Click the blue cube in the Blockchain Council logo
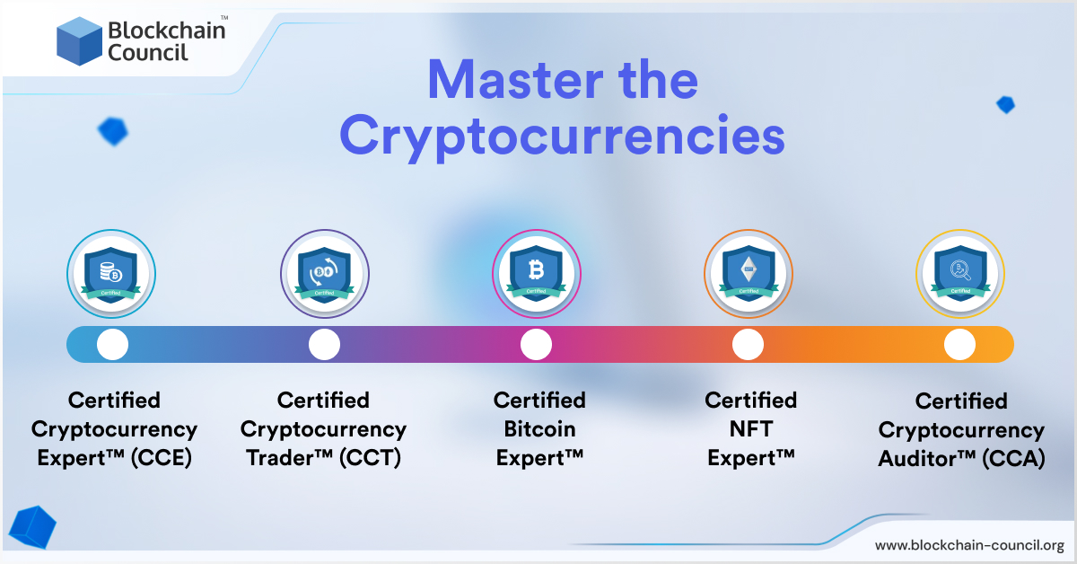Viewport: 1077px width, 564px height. tap(79, 41)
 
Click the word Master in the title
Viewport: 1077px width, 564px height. tap(515, 80)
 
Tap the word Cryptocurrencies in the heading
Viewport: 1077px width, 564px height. tap(562, 137)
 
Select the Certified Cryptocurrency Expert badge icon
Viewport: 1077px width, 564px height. tap(111, 274)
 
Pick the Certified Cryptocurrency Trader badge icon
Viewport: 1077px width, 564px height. tap(325, 274)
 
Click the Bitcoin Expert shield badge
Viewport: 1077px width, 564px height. tap(537, 274)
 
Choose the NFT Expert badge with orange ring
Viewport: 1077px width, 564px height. tap(749, 274)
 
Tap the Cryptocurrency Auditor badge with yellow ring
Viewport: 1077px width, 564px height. tap(960, 274)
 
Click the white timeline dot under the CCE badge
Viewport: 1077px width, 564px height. tap(112, 345)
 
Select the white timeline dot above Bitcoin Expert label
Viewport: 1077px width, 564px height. tap(536, 345)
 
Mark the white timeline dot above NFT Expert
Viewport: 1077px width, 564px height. tap(748, 345)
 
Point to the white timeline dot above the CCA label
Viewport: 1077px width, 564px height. tap(959, 345)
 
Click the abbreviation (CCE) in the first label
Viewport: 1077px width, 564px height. tap(162, 458)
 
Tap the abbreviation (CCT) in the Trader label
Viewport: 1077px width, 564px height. tap(370, 458)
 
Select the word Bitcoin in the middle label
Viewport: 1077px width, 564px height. tap(539, 428)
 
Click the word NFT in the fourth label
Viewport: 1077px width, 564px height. tap(751, 428)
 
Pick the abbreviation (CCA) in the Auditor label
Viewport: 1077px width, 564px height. tap(1013, 458)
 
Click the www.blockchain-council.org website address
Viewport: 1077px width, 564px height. tap(969, 545)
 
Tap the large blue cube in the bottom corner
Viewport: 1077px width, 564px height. tap(32, 527)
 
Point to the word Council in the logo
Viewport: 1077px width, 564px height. tap(147, 52)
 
